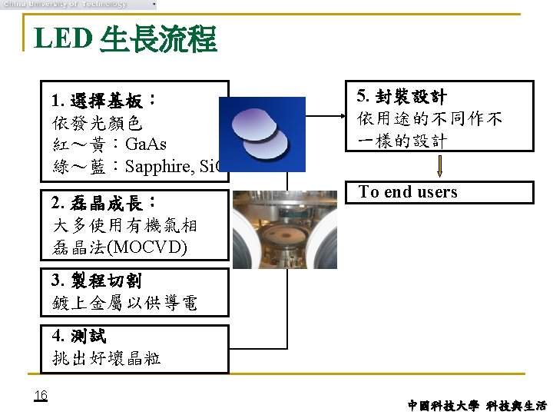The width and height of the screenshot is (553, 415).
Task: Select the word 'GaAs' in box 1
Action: (145, 144)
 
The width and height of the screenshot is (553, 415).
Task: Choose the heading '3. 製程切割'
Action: (96, 281)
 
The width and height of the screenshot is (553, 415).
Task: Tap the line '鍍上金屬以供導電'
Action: (124, 303)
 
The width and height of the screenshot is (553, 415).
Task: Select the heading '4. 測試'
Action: (79, 336)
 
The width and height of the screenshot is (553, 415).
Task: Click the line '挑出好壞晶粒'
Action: (107, 357)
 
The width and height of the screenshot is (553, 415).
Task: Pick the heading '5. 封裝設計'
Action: (402, 97)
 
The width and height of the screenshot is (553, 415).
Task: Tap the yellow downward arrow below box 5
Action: (441, 166)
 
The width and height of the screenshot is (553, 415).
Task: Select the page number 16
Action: (41, 395)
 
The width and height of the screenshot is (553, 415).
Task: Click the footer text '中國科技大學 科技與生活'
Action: (477, 405)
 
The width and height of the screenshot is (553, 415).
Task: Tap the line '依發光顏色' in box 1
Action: (98, 123)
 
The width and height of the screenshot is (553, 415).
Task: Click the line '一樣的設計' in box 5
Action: (402, 141)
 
